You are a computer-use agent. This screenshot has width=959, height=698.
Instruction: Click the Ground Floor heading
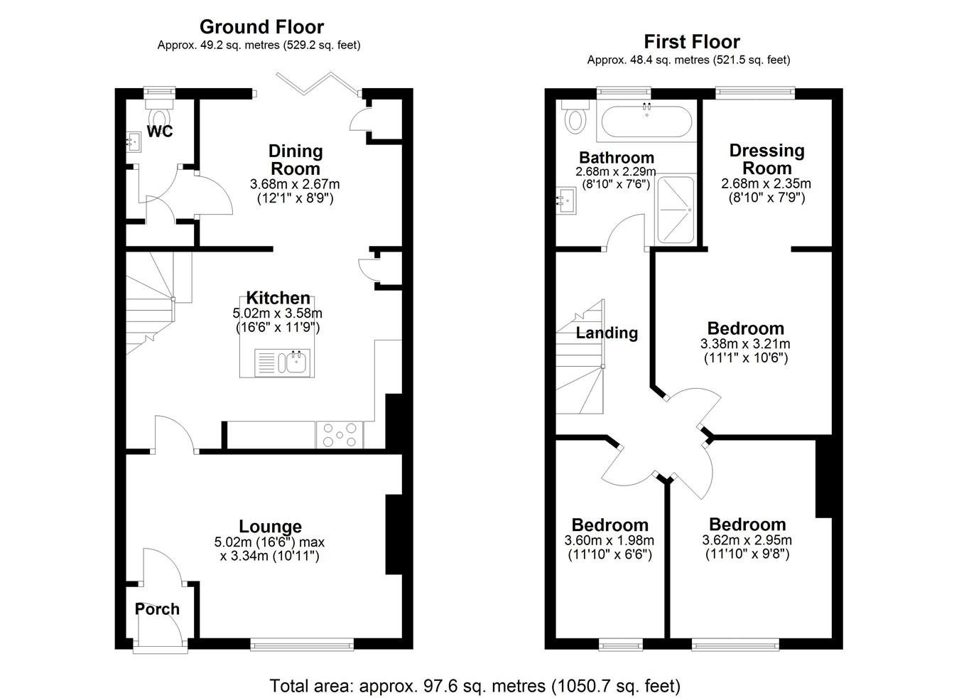[261, 27]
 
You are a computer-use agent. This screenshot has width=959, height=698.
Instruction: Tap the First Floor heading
[692, 42]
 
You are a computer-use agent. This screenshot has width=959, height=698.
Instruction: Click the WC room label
[160, 131]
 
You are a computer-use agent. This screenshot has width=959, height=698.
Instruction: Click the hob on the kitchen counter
[340, 434]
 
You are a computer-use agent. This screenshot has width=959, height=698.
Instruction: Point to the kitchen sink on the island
[282, 363]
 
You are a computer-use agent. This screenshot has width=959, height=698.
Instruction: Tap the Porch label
[157, 609]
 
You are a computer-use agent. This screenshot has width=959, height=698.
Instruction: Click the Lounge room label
[270, 526]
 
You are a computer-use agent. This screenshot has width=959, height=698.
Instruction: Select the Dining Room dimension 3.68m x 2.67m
[295, 184]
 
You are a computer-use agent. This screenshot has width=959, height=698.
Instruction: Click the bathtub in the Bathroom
[646, 122]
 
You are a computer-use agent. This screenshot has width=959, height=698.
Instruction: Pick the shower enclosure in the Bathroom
[675, 210]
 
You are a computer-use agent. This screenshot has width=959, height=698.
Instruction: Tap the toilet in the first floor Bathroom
[575, 116]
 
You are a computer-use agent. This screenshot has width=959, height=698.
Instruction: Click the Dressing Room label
[767, 159]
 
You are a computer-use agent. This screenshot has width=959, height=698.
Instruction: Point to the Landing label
[607, 333]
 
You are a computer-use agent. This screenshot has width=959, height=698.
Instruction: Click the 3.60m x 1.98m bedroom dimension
[609, 540]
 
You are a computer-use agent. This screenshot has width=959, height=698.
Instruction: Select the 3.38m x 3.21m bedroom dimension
[745, 343]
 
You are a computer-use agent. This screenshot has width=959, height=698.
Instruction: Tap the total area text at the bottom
[475, 686]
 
